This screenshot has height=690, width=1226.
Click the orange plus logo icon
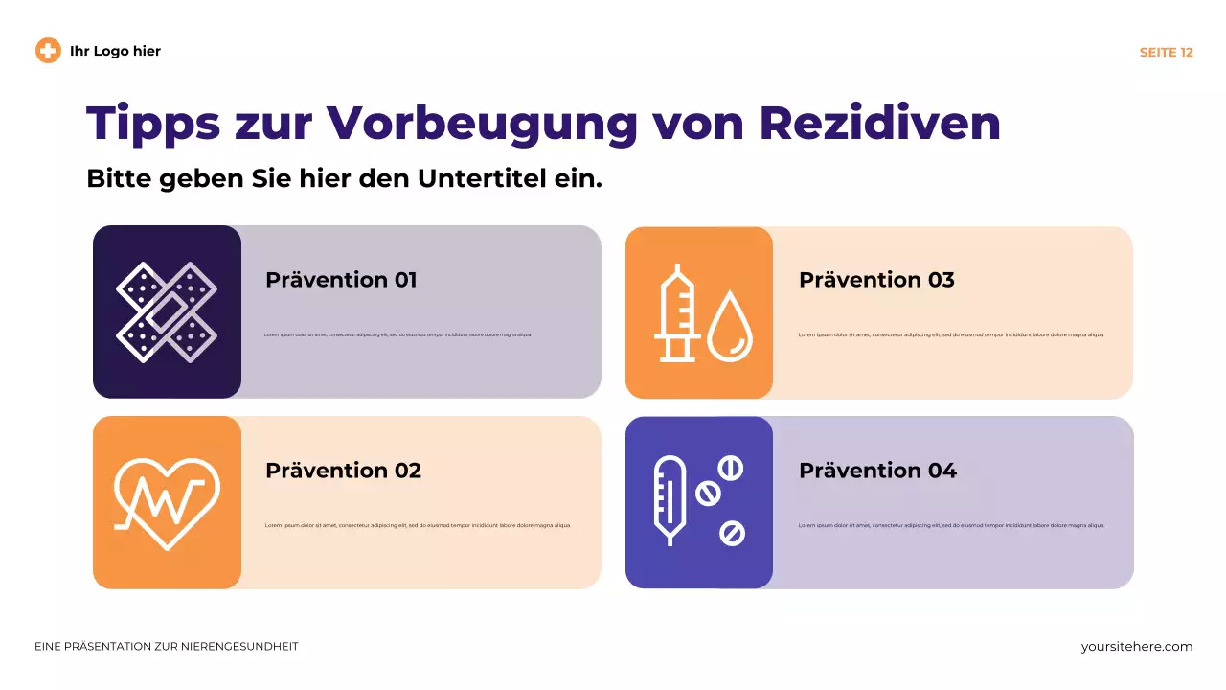coord(48,51)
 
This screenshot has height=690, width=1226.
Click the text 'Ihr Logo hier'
coord(115,51)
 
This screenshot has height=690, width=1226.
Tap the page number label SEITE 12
coord(1166,53)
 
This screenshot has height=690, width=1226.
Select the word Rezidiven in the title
coord(880,123)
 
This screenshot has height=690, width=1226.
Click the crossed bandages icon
coord(167,311)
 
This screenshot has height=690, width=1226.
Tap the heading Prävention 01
coord(341,280)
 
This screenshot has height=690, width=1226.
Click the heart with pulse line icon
coord(167,501)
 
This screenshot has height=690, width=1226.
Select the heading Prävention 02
coord(343,471)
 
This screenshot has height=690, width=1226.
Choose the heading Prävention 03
coord(876,280)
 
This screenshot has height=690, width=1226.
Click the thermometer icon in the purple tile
coord(670,500)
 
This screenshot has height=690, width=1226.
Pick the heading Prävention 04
coord(877,471)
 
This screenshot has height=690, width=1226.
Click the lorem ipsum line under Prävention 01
coord(397,335)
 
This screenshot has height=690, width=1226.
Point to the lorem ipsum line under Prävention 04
coord(950,525)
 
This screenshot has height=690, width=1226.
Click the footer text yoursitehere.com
coord(1137,647)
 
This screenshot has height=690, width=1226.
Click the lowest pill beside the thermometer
coord(732,533)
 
